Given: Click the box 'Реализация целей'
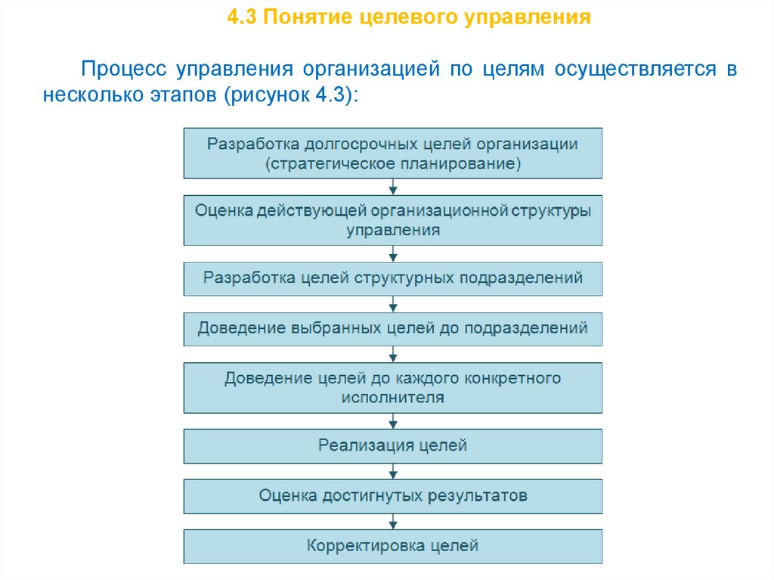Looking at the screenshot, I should [393, 446].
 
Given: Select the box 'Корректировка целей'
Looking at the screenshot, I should [393, 545].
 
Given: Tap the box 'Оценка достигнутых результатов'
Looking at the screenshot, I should [393, 496].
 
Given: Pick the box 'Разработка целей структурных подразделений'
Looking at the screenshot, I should [393, 278].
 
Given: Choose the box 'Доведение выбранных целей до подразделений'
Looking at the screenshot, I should [393, 329].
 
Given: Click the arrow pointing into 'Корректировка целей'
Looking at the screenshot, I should [393, 522].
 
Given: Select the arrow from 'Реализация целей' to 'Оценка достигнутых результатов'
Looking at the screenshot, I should [393, 472].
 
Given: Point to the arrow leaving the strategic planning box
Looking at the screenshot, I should [393, 187].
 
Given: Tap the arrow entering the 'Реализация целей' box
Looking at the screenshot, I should [393, 421].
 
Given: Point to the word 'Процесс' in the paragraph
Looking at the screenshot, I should [125, 70].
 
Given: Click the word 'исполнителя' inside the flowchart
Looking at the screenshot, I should [393, 397].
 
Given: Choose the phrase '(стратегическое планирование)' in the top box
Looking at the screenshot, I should [393, 163].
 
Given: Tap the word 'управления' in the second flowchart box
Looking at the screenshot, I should [393, 231].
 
